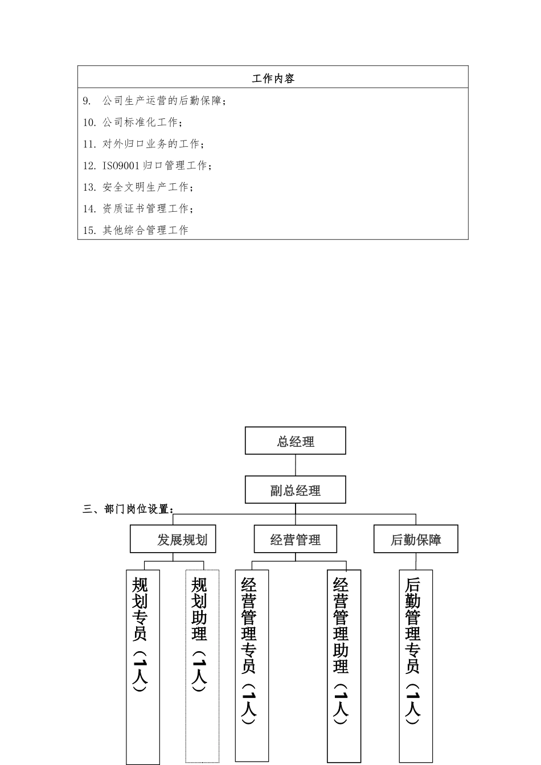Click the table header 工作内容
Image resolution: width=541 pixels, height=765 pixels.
[x=273, y=78]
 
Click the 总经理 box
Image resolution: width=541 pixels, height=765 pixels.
[x=295, y=441]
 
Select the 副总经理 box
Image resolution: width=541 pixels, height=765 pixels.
[x=295, y=490]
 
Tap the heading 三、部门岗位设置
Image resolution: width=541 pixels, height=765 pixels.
[x=129, y=509]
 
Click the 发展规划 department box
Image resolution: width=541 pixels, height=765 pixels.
[x=173, y=539]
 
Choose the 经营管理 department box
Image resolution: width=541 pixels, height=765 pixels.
[x=295, y=539]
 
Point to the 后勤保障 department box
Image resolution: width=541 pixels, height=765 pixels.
[x=416, y=539]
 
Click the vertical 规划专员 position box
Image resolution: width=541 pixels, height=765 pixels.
[x=142, y=666]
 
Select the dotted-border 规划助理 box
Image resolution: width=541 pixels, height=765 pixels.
[x=202, y=666]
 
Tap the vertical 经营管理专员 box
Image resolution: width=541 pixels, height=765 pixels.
[x=252, y=666]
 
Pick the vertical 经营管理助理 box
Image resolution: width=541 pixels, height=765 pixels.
[x=343, y=666]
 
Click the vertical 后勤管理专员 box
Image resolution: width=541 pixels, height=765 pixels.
[x=416, y=666]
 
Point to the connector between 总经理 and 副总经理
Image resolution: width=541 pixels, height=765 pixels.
[x=295, y=465]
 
